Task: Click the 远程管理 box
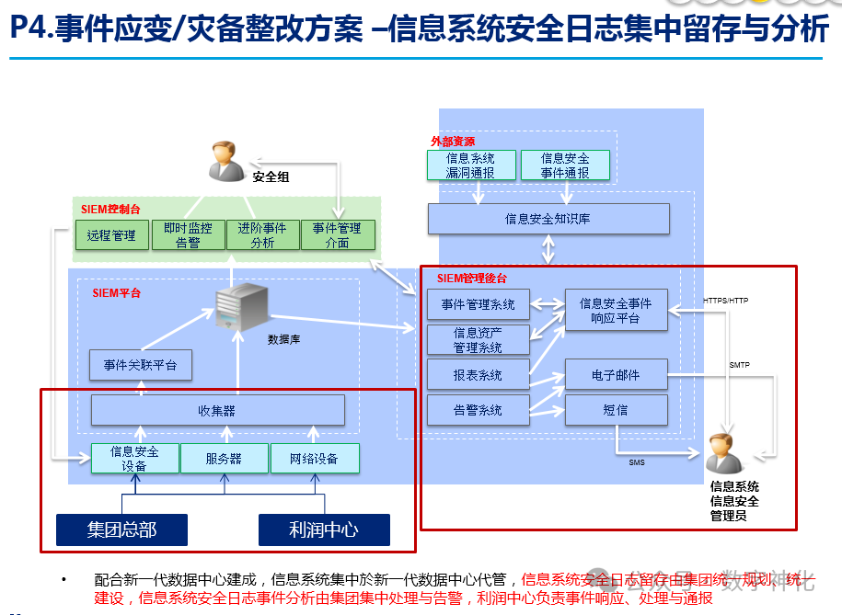click(x=111, y=235)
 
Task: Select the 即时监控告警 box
click(x=188, y=235)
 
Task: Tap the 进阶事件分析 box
click(x=263, y=235)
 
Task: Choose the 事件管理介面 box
click(x=338, y=235)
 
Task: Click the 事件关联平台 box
click(x=141, y=365)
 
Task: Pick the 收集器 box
click(x=218, y=410)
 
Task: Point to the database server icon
click(x=241, y=307)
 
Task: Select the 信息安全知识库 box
click(x=548, y=219)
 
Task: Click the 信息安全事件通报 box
click(x=565, y=165)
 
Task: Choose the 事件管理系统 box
click(x=478, y=304)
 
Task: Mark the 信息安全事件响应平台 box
click(x=616, y=311)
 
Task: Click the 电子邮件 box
click(x=616, y=375)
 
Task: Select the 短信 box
click(x=616, y=410)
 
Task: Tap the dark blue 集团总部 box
click(x=121, y=530)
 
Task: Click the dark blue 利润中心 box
click(x=323, y=530)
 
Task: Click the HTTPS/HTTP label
click(x=725, y=301)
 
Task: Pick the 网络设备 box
click(x=314, y=459)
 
